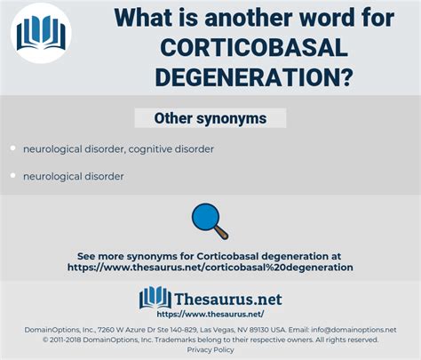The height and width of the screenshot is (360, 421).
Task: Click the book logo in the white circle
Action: pos(41,33)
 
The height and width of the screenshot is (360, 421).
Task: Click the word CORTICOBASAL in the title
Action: pos(254,48)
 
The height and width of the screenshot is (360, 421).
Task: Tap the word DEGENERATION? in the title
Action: pos(254,76)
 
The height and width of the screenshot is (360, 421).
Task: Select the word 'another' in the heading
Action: pos(250,18)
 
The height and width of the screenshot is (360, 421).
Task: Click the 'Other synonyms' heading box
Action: pos(210,118)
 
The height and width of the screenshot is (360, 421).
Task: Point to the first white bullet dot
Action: pos(12,148)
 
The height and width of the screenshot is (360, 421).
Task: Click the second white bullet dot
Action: pos(12,175)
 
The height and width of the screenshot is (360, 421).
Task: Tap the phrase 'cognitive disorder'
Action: pos(171,149)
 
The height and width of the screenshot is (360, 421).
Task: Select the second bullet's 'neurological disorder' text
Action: pos(74,176)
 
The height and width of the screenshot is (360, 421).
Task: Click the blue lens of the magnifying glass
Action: pos(205,217)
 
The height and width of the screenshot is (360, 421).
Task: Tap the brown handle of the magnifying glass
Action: pos(222,233)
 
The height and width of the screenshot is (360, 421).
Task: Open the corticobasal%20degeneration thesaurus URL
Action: pos(210,268)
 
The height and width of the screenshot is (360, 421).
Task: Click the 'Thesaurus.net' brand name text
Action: pos(228,300)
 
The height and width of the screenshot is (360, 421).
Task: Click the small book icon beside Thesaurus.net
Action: pos(155,297)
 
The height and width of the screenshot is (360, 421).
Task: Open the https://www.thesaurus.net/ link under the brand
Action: pos(210,314)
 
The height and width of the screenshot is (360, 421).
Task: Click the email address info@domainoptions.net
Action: pos(353,330)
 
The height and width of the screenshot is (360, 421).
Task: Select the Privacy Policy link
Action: pos(210,350)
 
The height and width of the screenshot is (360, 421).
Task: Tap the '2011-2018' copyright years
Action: pos(65,340)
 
